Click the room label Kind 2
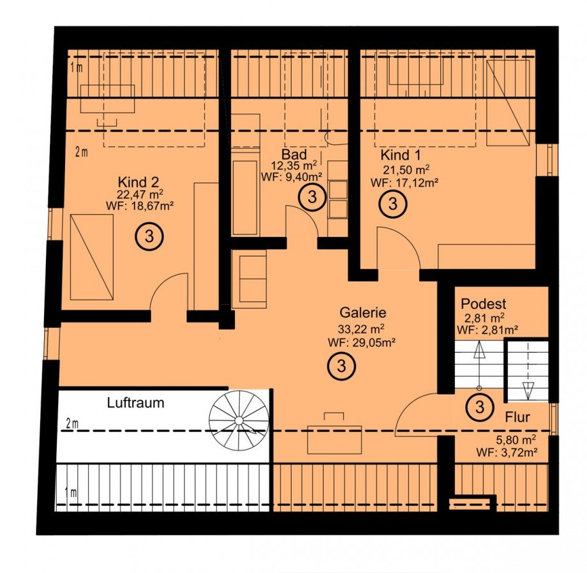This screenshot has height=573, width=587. point(138,183)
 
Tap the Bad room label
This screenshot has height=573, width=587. point(294,155)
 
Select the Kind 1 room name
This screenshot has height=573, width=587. point(401,155)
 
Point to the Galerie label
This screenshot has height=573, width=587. point(363,312)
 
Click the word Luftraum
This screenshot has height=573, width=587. point(135,403)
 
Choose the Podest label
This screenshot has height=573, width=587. point(483,303)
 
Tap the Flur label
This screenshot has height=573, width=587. point(517,417)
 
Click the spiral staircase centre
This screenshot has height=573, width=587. point(239,421)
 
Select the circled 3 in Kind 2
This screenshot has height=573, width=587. point(149,236)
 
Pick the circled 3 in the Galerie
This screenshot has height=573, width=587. point(341,366)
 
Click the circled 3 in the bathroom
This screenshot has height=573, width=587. point(312,197)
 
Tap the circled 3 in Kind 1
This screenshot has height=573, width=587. point(392,204)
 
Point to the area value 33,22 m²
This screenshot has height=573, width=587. point(361,330)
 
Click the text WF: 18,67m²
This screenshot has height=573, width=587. point(140,205)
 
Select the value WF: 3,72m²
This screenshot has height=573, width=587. point(507,452)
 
